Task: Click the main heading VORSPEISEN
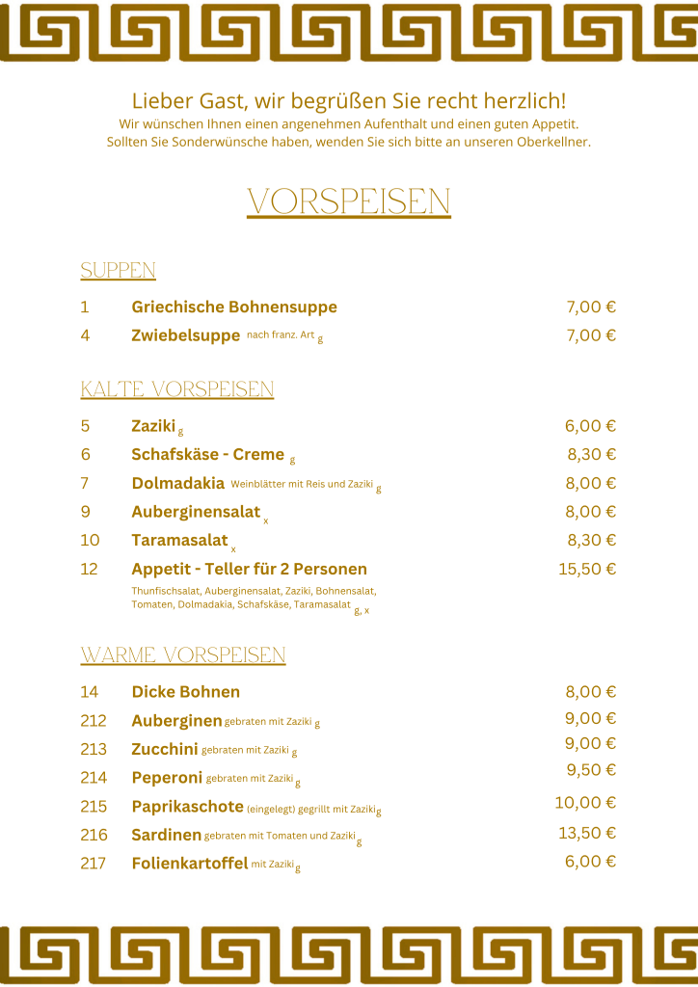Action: (349, 202)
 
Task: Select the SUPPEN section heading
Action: (118, 271)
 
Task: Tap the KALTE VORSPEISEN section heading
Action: (177, 389)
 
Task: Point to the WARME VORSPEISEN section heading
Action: (183, 656)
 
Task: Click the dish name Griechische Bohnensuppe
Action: (234, 307)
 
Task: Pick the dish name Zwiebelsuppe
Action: (185, 335)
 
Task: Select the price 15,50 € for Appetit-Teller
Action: (587, 569)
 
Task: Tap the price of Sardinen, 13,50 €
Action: (587, 833)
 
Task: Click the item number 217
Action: (94, 864)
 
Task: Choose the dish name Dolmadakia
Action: (177, 483)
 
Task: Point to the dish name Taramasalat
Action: (179, 540)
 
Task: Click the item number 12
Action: (89, 569)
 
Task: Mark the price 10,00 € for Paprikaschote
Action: (585, 803)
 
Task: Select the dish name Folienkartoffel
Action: (189, 864)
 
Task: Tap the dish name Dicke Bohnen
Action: (185, 692)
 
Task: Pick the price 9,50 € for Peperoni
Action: (591, 770)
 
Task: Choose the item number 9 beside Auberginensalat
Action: (85, 512)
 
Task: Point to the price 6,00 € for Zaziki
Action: (590, 426)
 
